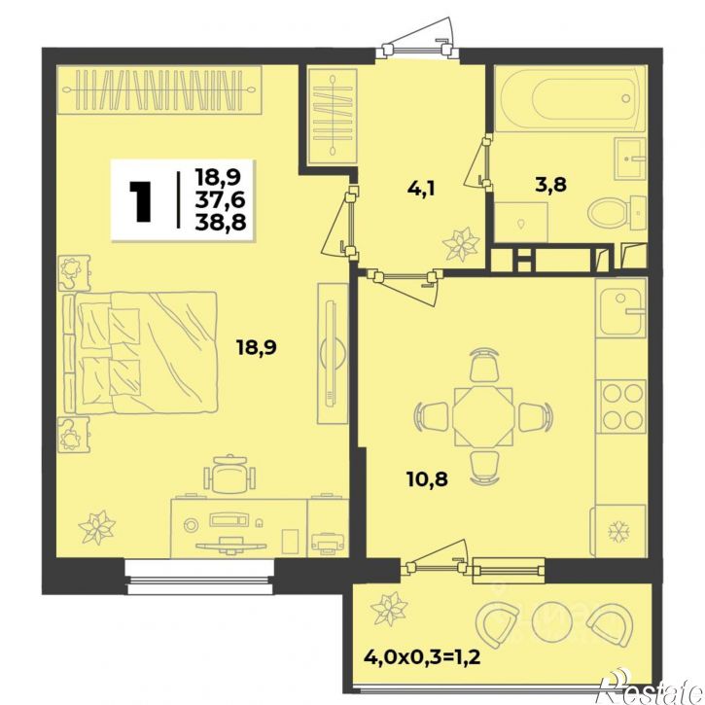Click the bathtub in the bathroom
click(x=570, y=98)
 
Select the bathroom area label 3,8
click(x=550, y=185)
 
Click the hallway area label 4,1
click(x=421, y=188)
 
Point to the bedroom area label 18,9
click(x=257, y=347)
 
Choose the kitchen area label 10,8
click(x=427, y=479)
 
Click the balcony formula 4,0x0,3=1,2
click(x=422, y=657)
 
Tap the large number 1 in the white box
click(x=140, y=201)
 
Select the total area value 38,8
click(x=221, y=222)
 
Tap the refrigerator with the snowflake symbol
click(x=619, y=531)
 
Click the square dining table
click(x=482, y=417)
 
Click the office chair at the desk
click(x=229, y=475)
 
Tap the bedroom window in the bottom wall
click(x=200, y=577)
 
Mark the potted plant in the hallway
click(x=460, y=244)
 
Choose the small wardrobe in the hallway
click(x=333, y=116)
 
